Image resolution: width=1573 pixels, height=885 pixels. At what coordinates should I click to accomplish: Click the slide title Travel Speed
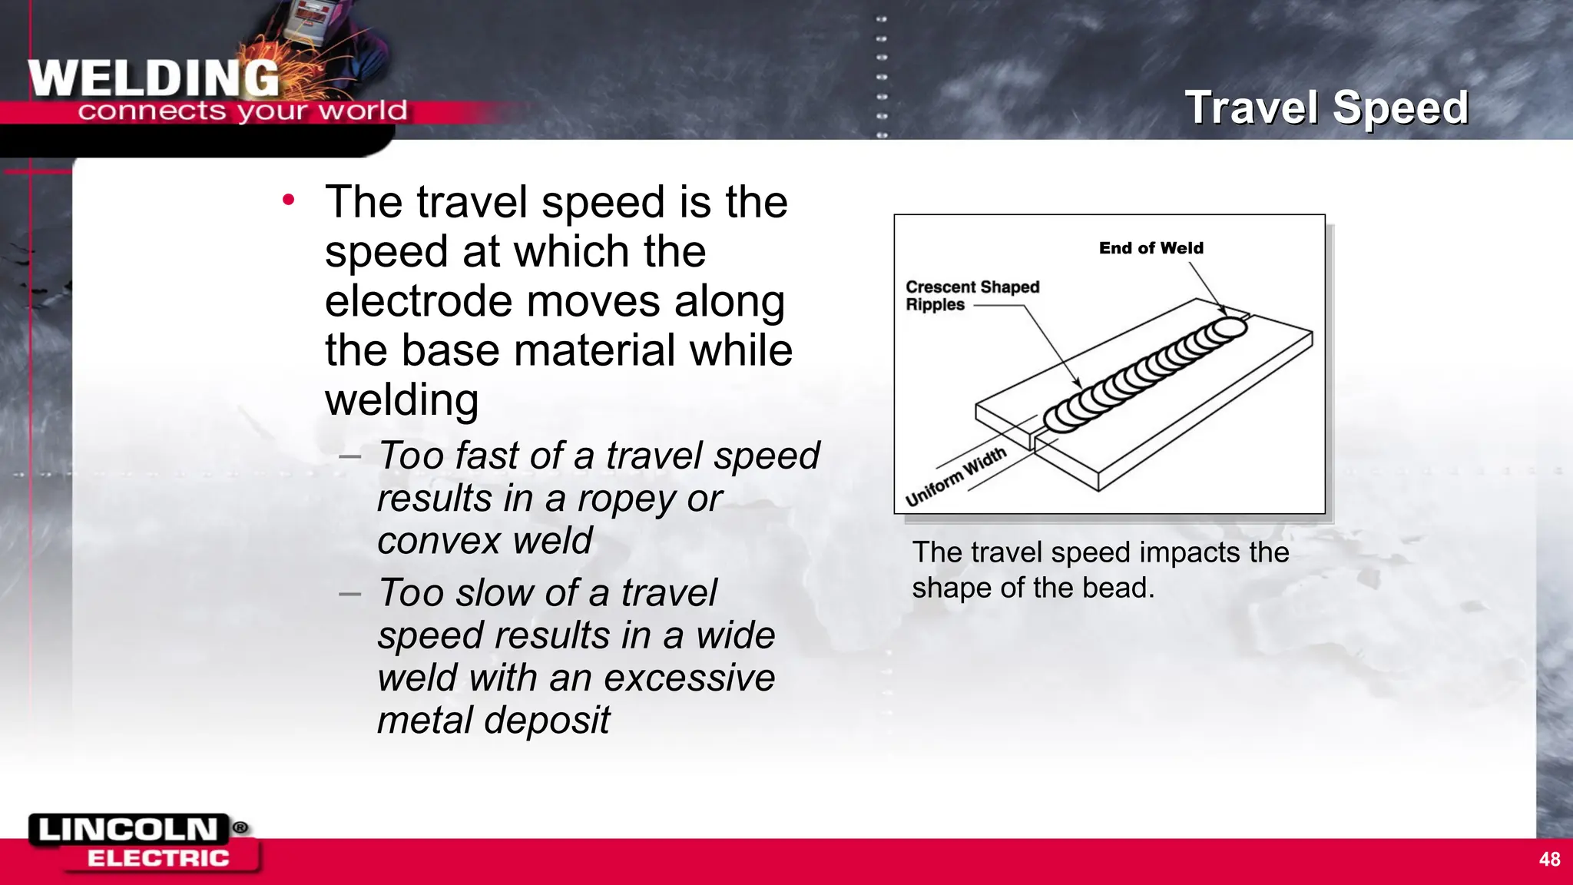pos(1326,107)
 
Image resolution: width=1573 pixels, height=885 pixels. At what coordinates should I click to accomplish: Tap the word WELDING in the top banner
pos(154,78)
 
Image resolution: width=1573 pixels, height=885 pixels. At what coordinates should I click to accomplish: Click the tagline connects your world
pos(242,111)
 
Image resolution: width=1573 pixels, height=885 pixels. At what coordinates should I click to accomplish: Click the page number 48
pos(1549,859)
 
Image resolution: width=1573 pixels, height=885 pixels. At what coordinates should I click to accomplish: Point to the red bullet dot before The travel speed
pos(288,201)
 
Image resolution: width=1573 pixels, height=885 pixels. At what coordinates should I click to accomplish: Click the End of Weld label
pos(1151,248)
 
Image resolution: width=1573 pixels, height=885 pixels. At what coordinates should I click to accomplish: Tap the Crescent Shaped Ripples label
pos(972,296)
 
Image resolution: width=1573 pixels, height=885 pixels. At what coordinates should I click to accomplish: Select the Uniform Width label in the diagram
pos(955,476)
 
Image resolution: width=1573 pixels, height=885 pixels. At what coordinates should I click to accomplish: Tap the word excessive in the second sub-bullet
pos(689,678)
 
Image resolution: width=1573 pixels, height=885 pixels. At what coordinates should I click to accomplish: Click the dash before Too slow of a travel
pos(349,594)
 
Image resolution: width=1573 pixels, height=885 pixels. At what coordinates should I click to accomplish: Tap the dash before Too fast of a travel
pos(349,456)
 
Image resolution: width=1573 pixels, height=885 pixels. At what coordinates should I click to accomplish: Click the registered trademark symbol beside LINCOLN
pos(240,827)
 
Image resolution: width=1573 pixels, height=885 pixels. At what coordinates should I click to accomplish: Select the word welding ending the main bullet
pos(401,399)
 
